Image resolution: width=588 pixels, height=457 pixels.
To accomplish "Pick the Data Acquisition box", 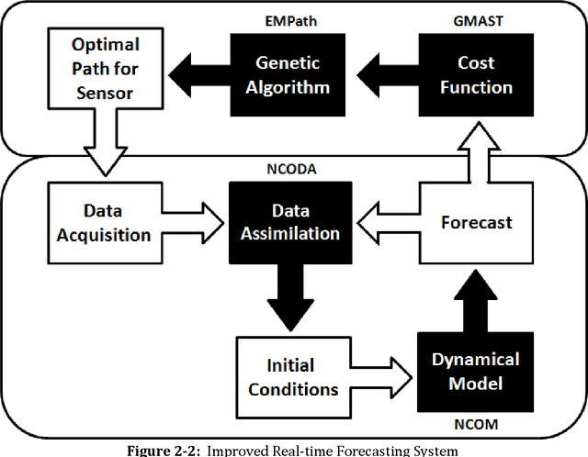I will tap(103, 222).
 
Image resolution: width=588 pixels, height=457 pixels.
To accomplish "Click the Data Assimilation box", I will tap(289, 222).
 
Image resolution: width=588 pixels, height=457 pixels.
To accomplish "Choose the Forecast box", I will tap(476, 222).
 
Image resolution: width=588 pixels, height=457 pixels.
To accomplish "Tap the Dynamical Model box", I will tap(475, 371).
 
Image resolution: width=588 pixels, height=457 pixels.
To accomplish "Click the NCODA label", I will tap(290, 169).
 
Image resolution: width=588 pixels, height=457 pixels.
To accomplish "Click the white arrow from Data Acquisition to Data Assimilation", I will tap(196, 222).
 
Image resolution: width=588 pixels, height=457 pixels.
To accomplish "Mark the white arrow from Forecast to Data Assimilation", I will tap(384, 222).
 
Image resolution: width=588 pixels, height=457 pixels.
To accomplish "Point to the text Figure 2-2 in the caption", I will tap(163, 450).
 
